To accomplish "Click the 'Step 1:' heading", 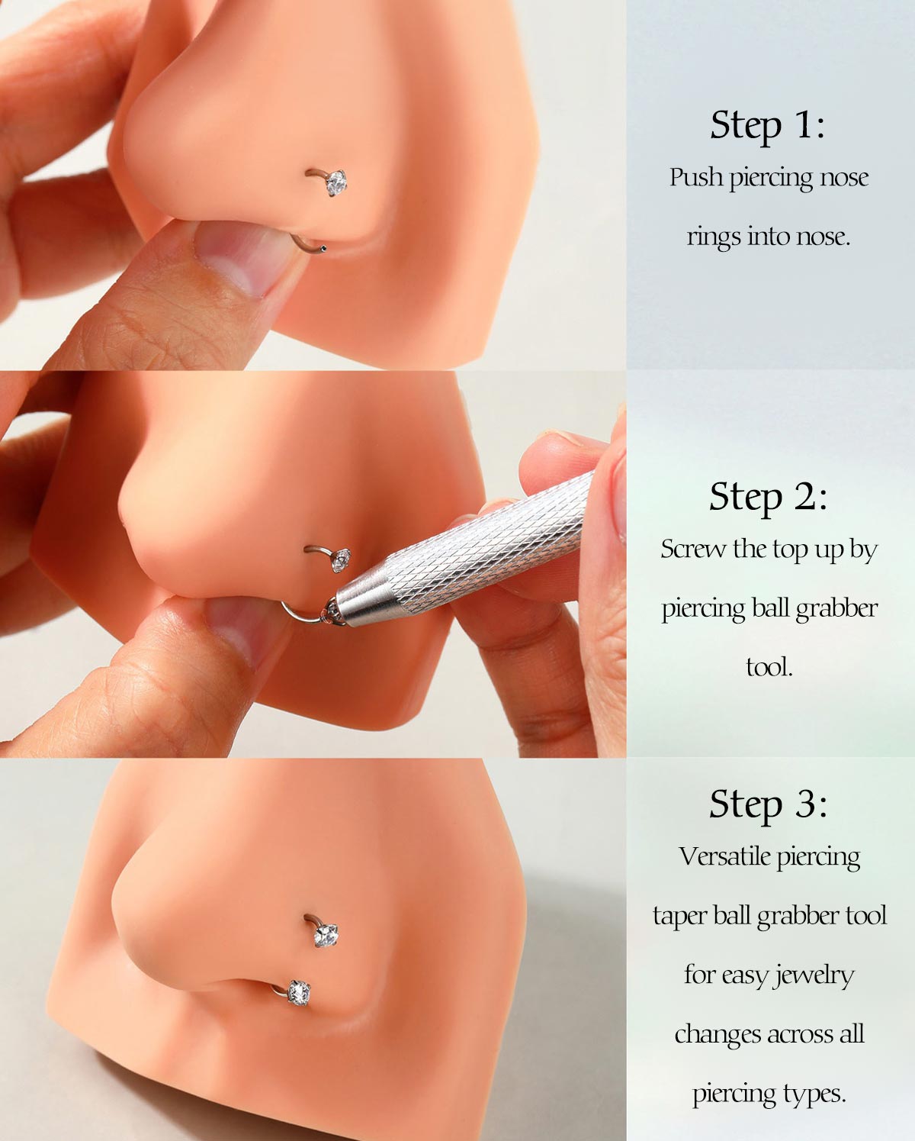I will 767,125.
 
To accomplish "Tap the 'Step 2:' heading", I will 768,497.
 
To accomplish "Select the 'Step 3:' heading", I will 768,804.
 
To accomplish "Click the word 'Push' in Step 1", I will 696,177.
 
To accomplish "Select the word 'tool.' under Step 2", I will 769,667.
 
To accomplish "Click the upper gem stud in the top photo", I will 336,182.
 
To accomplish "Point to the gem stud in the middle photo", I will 341,560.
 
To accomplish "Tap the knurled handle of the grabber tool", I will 488,542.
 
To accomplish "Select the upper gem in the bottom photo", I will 326,934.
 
